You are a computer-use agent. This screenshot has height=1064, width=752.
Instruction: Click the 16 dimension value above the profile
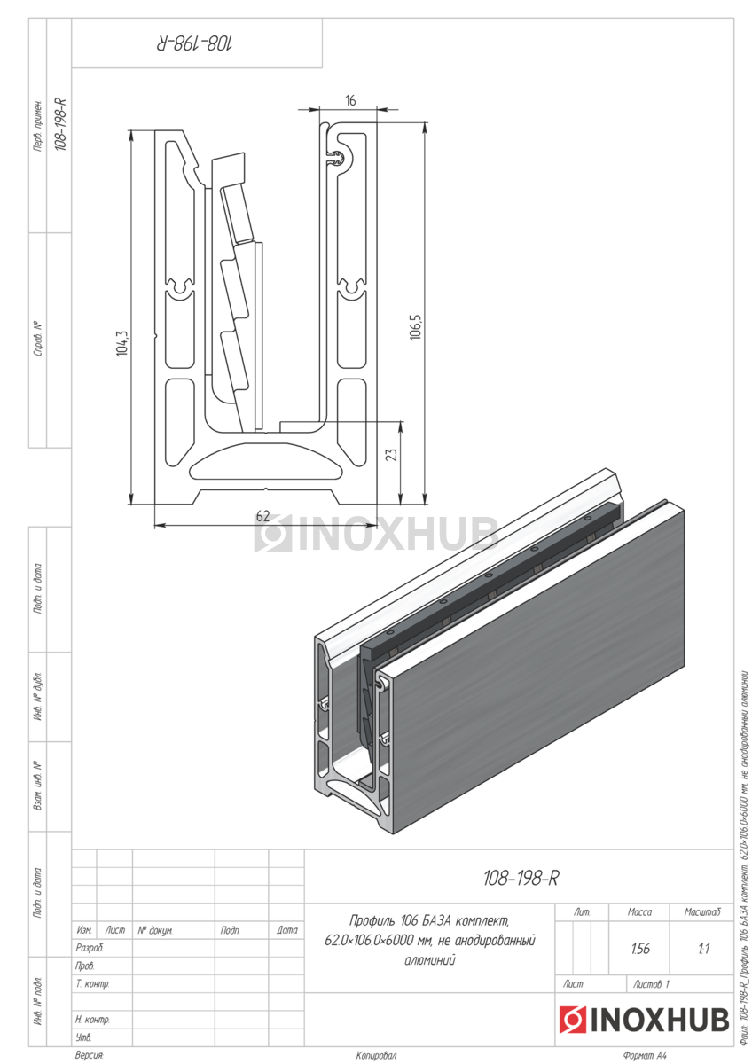[350, 101]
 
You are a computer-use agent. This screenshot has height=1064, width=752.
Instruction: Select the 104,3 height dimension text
[122, 343]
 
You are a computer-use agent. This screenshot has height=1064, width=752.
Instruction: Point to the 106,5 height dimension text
[415, 327]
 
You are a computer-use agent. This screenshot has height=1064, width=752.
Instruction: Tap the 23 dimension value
[391, 454]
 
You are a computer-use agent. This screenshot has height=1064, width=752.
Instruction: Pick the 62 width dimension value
[262, 516]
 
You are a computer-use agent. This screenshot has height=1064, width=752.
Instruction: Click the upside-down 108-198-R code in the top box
[195, 44]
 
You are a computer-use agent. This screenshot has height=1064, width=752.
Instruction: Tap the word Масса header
[639, 911]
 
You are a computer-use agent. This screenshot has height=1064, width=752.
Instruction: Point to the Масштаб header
[702, 911]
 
